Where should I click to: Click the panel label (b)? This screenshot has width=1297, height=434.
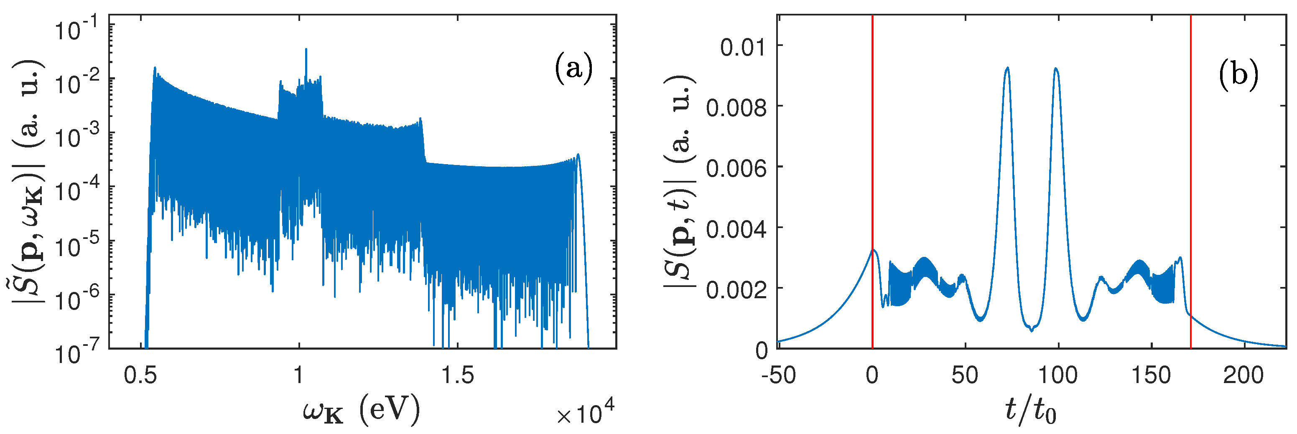(1238, 75)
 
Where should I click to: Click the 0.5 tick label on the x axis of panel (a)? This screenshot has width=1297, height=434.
(140, 375)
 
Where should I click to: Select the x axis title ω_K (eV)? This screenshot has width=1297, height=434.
(361, 410)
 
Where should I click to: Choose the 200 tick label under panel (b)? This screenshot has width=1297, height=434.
(1243, 375)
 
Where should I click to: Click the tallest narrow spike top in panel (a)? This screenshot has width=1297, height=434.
(306, 49)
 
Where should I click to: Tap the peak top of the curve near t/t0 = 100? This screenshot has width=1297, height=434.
(1056, 69)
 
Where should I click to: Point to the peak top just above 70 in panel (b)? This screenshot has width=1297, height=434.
(1007, 68)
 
